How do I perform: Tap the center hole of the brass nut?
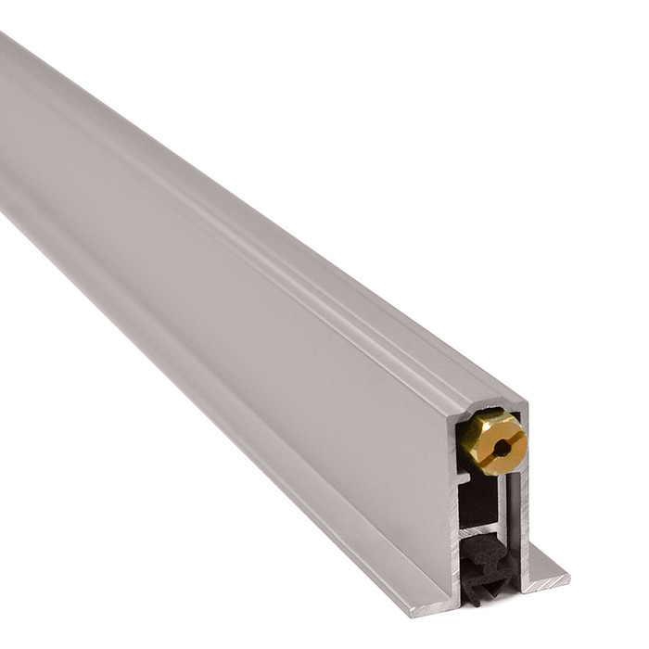[501, 448]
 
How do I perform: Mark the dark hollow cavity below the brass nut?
[477, 501]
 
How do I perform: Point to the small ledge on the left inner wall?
[462, 478]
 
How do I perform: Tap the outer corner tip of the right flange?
[568, 580]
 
